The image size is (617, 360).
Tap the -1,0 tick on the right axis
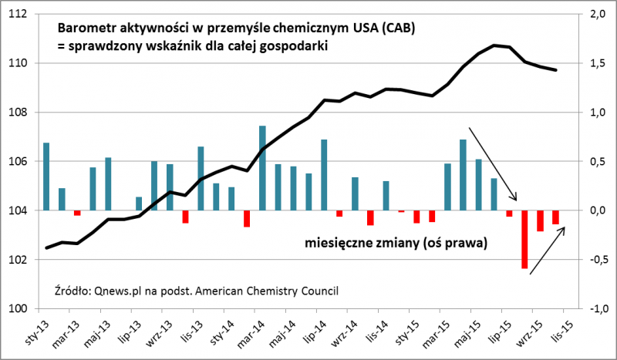pyautogui.click(x=595, y=308)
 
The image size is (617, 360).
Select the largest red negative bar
pyautogui.click(x=524, y=240)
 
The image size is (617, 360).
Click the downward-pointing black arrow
pyautogui.click(x=493, y=163)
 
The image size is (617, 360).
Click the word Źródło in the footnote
pyautogui.click(x=72, y=291)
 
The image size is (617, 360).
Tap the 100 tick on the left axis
pyautogui.click(x=20, y=308)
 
